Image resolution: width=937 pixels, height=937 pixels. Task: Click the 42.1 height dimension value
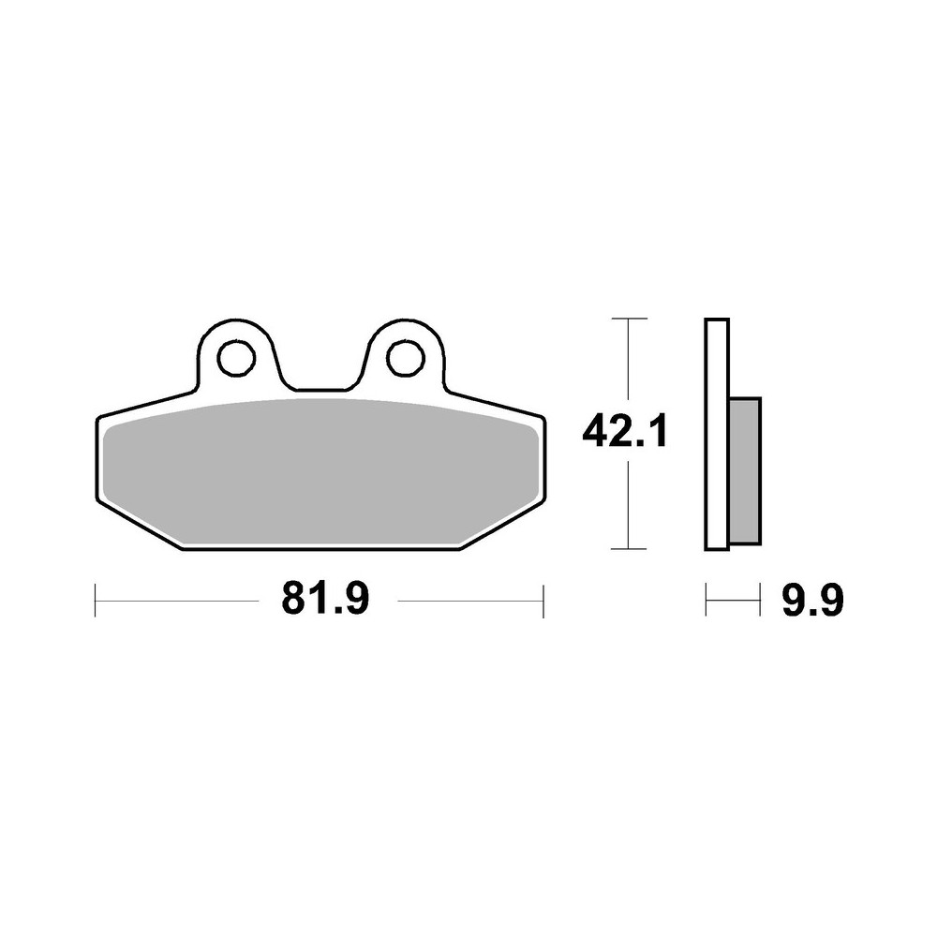(x=624, y=433)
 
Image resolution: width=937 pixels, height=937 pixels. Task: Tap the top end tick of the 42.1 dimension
(x=628, y=320)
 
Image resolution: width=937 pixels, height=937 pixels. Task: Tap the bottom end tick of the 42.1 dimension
(x=628, y=548)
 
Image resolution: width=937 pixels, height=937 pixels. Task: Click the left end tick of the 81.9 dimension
(x=96, y=601)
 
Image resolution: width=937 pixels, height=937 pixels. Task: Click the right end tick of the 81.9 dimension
(x=543, y=601)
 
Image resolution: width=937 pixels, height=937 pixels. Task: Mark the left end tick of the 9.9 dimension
(x=706, y=601)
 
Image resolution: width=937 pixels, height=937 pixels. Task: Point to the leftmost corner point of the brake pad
(x=97, y=418)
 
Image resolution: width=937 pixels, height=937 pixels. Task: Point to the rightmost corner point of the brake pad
(x=544, y=418)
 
